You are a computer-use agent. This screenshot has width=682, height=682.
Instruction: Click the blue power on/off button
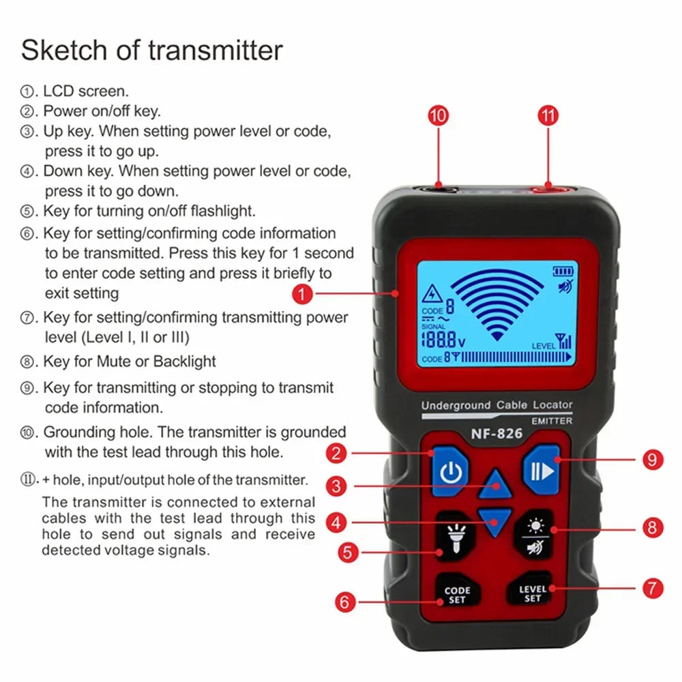(x=451, y=471)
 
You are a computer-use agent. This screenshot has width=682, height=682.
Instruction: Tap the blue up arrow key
(x=495, y=484)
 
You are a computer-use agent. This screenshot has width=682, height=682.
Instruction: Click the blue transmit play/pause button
(x=542, y=470)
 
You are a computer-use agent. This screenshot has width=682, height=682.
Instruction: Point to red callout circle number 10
(x=439, y=116)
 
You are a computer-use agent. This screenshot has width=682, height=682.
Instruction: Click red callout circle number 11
(x=548, y=116)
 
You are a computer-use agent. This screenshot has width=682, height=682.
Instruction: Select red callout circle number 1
(x=303, y=293)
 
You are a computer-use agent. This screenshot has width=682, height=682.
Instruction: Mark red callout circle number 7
(x=653, y=589)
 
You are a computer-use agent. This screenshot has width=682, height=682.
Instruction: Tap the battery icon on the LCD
(x=563, y=272)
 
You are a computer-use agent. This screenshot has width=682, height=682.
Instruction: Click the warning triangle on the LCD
(x=432, y=294)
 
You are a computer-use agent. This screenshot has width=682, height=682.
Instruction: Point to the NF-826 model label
(x=496, y=433)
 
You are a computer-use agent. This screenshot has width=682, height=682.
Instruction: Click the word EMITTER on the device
(x=552, y=421)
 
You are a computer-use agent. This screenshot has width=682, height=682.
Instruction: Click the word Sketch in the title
(x=65, y=50)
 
